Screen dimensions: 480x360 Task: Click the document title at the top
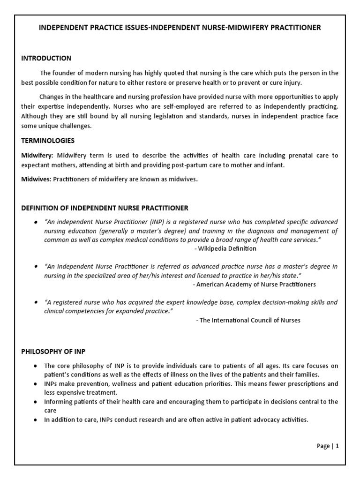click(x=180, y=28)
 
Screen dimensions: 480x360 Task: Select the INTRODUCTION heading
click(x=46, y=58)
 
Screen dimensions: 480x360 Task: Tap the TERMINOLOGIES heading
click(x=48, y=141)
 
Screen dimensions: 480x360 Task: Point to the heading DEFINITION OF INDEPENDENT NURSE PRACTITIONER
click(x=105, y=208)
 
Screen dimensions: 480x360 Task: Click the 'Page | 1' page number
click(x=327, y=446)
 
